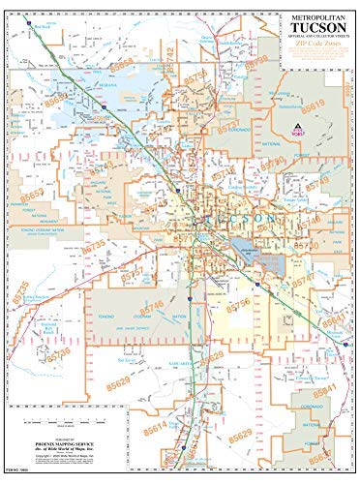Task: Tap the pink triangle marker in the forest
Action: [x=296, y=131]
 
